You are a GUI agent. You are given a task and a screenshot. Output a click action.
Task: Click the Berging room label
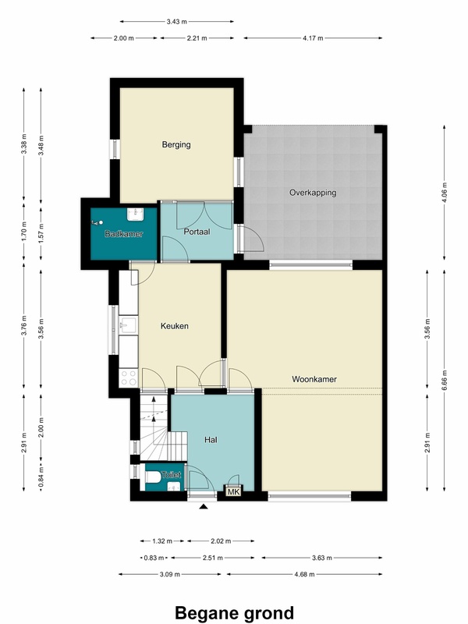176,144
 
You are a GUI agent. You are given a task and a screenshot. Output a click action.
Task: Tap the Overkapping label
313,193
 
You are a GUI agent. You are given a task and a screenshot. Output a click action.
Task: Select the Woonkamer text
314,379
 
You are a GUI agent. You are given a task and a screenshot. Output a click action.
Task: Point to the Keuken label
174,326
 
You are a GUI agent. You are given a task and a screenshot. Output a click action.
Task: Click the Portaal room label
197,232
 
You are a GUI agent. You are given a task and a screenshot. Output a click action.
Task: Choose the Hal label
211,440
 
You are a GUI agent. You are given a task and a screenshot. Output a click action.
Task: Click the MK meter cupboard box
233,492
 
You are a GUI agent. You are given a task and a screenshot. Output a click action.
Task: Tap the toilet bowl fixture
153,477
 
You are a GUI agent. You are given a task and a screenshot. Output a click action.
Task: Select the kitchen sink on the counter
128,325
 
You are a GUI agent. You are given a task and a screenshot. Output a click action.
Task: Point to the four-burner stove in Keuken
128,378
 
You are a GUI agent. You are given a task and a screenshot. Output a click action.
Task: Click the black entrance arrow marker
204,506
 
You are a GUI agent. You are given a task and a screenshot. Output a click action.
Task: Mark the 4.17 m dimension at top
313,38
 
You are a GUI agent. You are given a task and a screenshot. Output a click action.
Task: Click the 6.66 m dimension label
445,380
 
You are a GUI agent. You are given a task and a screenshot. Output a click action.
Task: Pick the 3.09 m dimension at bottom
169,574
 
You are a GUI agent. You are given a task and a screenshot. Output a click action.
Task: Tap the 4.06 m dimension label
445,193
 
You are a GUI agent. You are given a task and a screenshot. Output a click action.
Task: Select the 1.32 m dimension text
162,541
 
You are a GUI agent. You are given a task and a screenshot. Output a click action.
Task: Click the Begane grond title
235,613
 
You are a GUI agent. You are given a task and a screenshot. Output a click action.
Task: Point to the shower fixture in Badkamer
97,223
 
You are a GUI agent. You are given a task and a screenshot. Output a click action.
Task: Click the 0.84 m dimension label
41,477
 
